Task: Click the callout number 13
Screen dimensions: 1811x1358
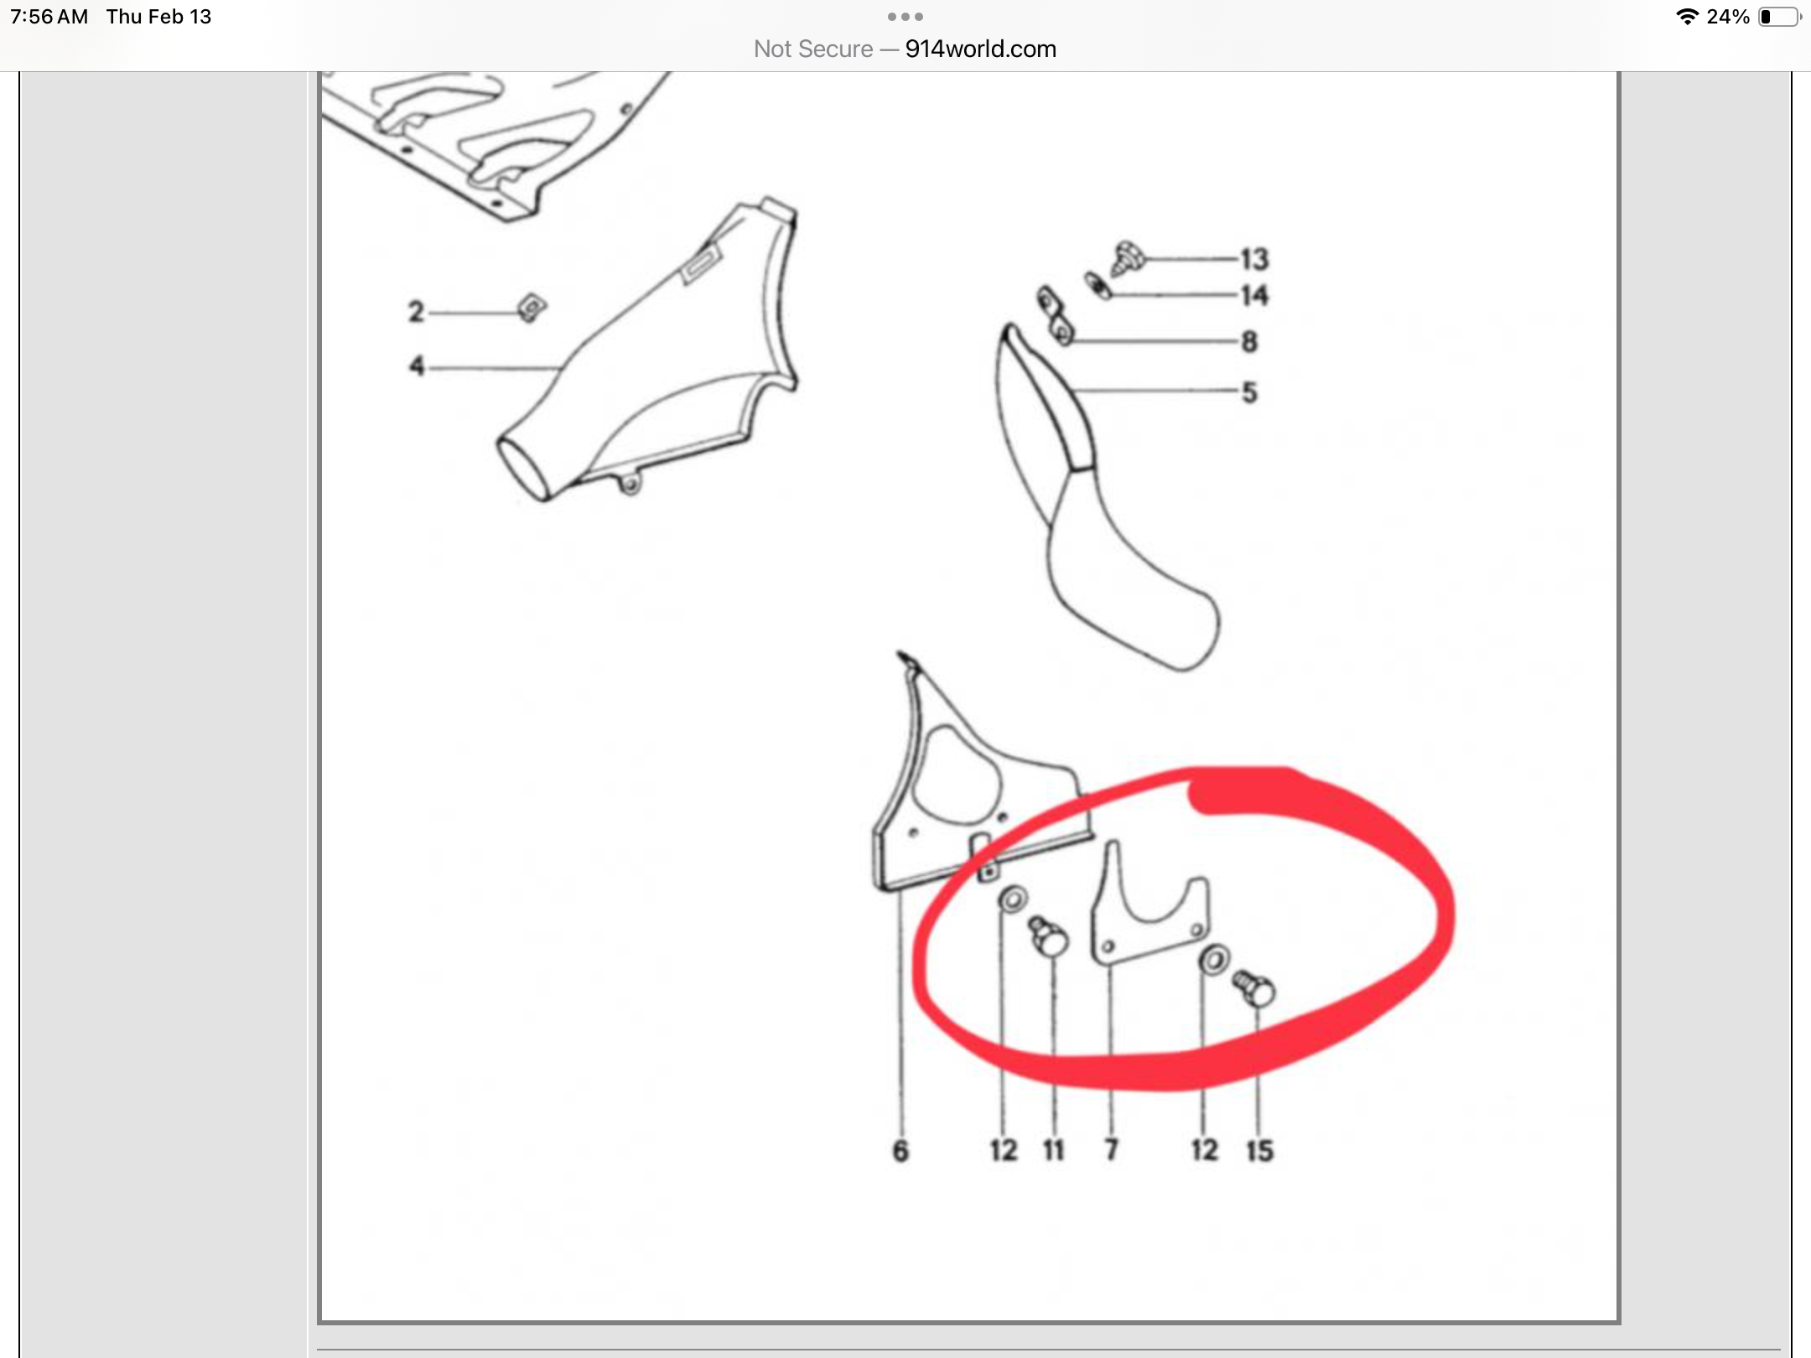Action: (1254, 259)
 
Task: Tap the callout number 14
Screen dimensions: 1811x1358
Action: (1254, 295)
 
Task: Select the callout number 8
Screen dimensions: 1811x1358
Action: (1249, 341)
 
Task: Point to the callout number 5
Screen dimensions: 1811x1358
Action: (1249, 392)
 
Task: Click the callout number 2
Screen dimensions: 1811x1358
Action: (416, 312)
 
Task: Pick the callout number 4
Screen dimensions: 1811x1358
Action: (417, 366)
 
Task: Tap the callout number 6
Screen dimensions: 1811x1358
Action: (900, 1151)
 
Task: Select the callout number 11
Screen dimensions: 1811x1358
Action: (1054, 1150)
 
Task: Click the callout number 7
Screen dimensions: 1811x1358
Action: (1112, 1149)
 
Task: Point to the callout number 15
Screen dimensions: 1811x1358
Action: (1259, 1150)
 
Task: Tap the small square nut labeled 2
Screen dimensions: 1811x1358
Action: (532, 308)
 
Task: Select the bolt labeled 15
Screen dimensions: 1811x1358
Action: (1253, 988)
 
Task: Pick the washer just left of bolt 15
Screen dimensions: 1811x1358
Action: (1214, 960)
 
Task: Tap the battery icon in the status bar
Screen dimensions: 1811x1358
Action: (1779, 17)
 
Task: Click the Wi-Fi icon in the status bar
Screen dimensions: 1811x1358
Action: (1687, 17)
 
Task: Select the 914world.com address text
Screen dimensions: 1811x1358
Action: (981, 49)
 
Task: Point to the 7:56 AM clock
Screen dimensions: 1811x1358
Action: (49, 17)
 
